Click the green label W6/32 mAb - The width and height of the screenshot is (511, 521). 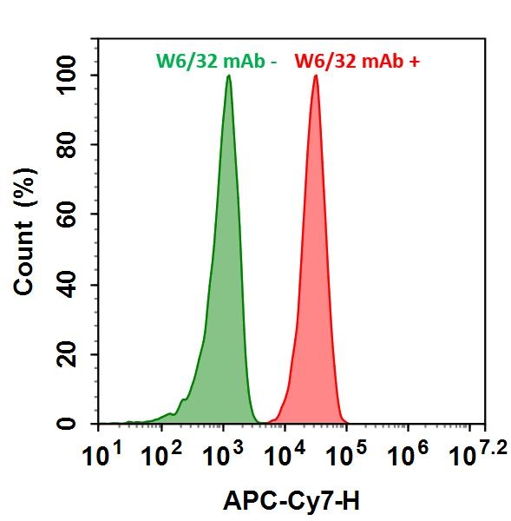215,61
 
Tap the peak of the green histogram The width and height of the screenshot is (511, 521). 228,76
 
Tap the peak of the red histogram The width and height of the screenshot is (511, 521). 316,76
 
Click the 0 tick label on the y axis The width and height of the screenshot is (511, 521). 82,424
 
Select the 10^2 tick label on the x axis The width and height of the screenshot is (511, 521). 161,452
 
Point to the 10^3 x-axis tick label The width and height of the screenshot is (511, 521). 223,452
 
